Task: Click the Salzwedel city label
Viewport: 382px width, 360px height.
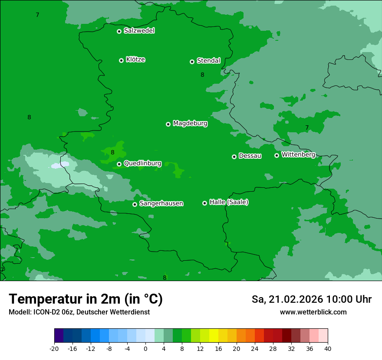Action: (x=139, y=31)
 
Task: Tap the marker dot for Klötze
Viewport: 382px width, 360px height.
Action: (x=121, y=60)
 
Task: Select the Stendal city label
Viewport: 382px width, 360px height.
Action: (x=208, y=61)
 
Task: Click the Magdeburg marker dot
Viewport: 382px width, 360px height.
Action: (x=168, y=124)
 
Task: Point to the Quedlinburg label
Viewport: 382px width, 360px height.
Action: (x=142, y=164)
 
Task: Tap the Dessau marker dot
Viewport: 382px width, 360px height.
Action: (x=234, y=157)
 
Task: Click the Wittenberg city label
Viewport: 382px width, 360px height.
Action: (x=298, y=154)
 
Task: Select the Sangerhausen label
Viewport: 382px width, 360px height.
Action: (x=161, y=203)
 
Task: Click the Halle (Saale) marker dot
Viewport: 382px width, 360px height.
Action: (x=204, y=203)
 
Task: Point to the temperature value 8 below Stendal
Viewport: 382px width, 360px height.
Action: (x=202, y=75)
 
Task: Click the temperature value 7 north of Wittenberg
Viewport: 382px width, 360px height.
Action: (x=307, y=128)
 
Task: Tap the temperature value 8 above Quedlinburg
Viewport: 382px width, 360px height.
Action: (x=112, y=152)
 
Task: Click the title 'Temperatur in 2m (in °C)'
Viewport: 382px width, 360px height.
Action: (x=86, y=299)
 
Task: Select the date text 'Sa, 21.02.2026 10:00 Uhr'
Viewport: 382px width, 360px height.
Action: (x=311, y=299)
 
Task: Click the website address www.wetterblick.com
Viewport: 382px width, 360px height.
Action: (x=313, y=312)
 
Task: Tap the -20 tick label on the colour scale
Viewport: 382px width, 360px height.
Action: (x=54, y=348)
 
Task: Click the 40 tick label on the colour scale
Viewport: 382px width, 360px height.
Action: (x=328, y=348)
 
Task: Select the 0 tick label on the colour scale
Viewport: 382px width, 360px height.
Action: (x=145, y=348)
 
